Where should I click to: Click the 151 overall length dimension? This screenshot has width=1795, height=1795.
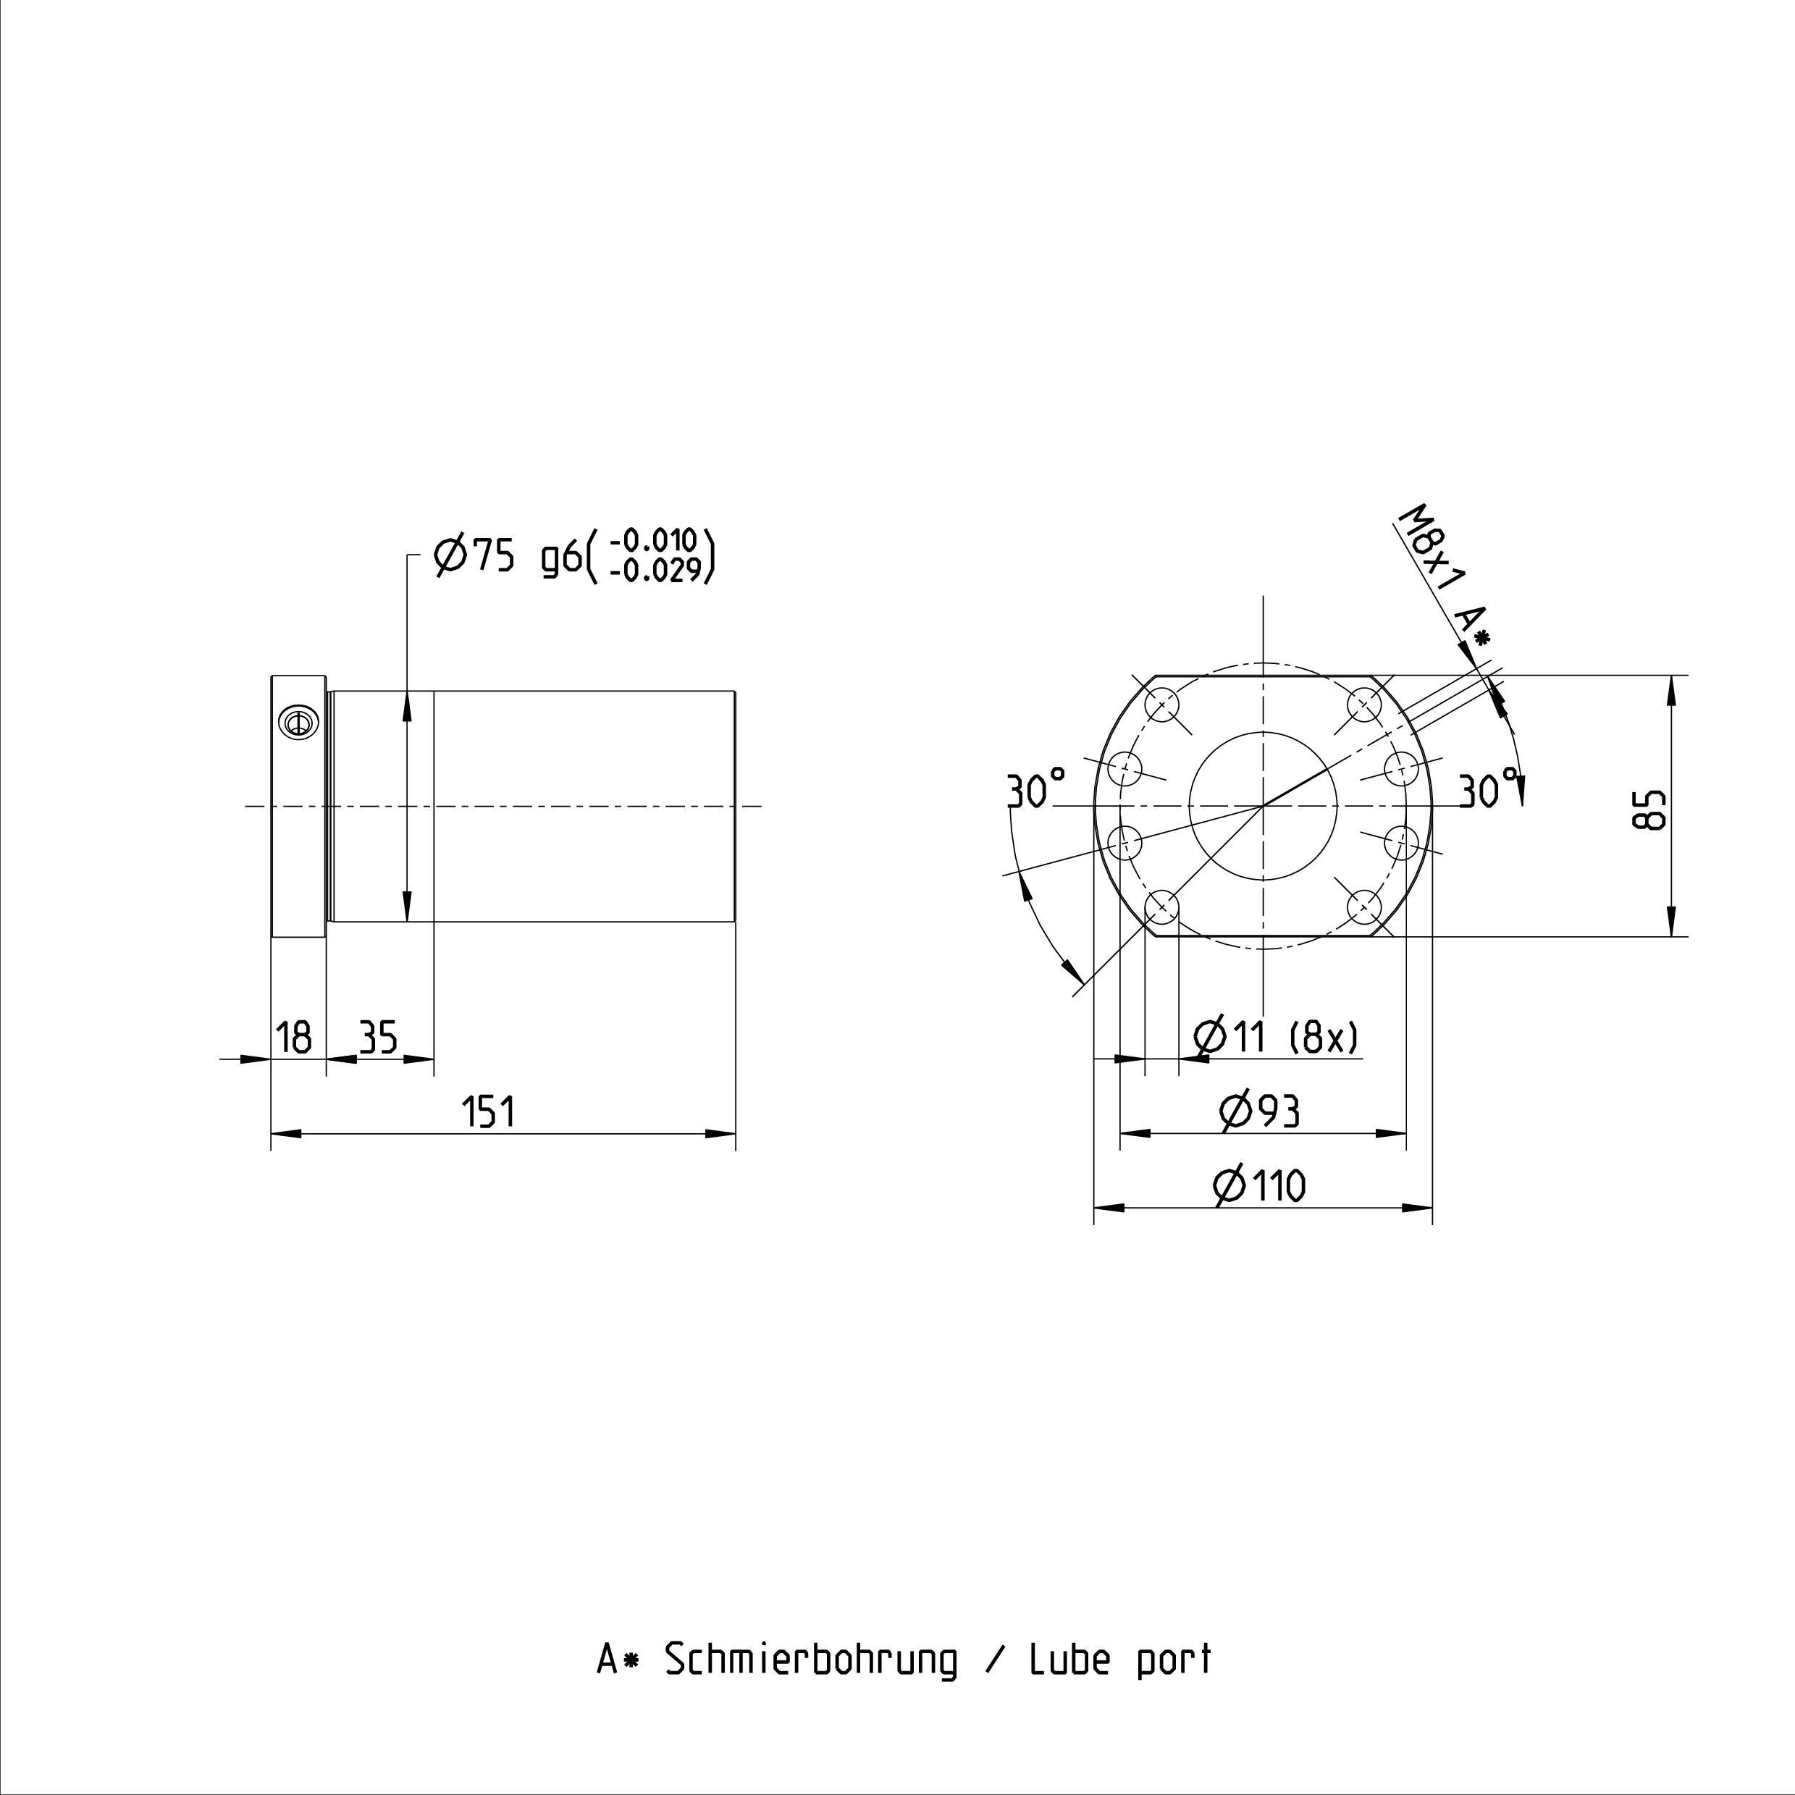(489, 1112)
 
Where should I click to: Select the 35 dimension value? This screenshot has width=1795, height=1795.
(378, 1037)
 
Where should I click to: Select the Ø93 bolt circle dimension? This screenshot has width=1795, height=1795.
(1260, 1111)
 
